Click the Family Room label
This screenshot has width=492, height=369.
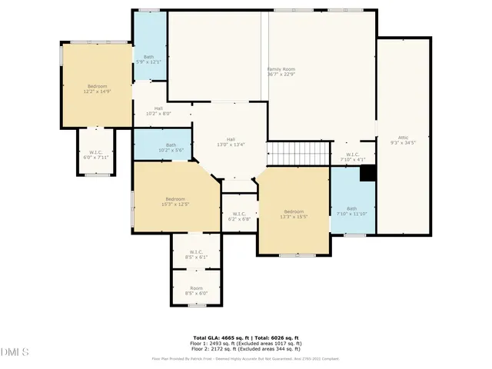pyautogui.click(x=281, y=71)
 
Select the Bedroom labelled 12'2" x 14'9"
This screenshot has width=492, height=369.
pyautogui.click(x=97, y=88)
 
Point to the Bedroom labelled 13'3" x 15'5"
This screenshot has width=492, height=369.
pyautogui.click(x=294, y=214)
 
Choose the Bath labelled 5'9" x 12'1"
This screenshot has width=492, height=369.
pyautogui.click(x=149, y=58)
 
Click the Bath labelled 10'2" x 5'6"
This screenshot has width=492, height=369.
pyautogui.click(x=171, y=147)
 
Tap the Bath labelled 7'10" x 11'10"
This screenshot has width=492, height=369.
pyautogui.click(x=352, y=211)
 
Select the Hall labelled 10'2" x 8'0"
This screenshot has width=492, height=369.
pyautogui.click(x=158, y=111)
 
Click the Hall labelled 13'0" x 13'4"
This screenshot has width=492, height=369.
pyautogui.click(x=230, y=141)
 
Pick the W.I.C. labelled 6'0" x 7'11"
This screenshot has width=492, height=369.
pyautogui.click(x=96, y=155)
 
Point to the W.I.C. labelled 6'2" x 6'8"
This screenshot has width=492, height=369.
pyautogui.click(x=239, y=216)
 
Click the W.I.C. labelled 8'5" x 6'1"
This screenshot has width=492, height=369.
pyautogui.click(x=196, y=254)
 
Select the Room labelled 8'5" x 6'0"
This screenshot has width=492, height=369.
pyautogui.click(x=196, y=291)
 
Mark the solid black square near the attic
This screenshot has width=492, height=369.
pyautogui.click(x=368, y=173)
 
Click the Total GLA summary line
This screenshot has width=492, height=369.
pyautogui.click(x=246, y=337)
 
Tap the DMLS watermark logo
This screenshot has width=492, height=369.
pyautogui.click(x=15, y=351)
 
